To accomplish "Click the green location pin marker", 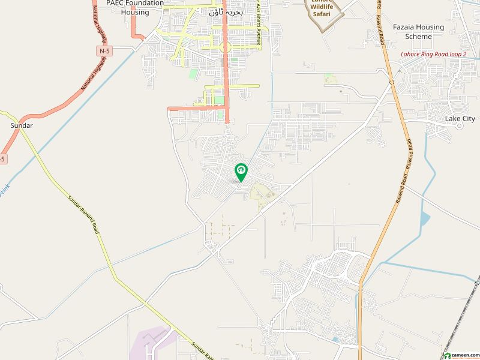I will click(241, 172).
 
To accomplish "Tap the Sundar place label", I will click(22, 125).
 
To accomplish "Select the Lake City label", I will click(460, 119).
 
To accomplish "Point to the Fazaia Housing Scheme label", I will click(418, 32).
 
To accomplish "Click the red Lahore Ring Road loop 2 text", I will click(433, 55).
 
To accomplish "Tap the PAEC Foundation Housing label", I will click(134, 7).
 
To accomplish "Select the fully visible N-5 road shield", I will click(105, 51).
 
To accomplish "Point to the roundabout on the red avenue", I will click(226, 47).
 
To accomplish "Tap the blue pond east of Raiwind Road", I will click(425, 219).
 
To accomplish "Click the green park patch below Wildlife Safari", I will click(329, 79).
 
